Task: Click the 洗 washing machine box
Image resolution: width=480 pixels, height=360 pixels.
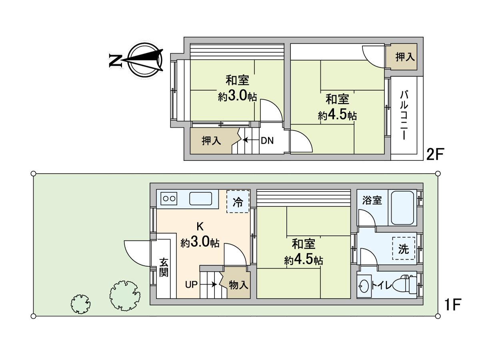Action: (x=403, y=249)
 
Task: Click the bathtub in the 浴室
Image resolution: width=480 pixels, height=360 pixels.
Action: (x=403, y=208)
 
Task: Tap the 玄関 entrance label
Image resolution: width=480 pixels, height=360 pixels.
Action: (x=164, y=268)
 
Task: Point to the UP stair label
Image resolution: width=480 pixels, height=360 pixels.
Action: (x=192, y=285)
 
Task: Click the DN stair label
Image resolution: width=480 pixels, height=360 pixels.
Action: (x=267, y=140)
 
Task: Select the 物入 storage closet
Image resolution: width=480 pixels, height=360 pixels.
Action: (x=239, y=285)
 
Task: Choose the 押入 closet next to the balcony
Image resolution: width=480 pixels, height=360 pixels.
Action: (x=404, y=57)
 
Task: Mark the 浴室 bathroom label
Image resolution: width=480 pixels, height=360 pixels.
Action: (x=372, y=200)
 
